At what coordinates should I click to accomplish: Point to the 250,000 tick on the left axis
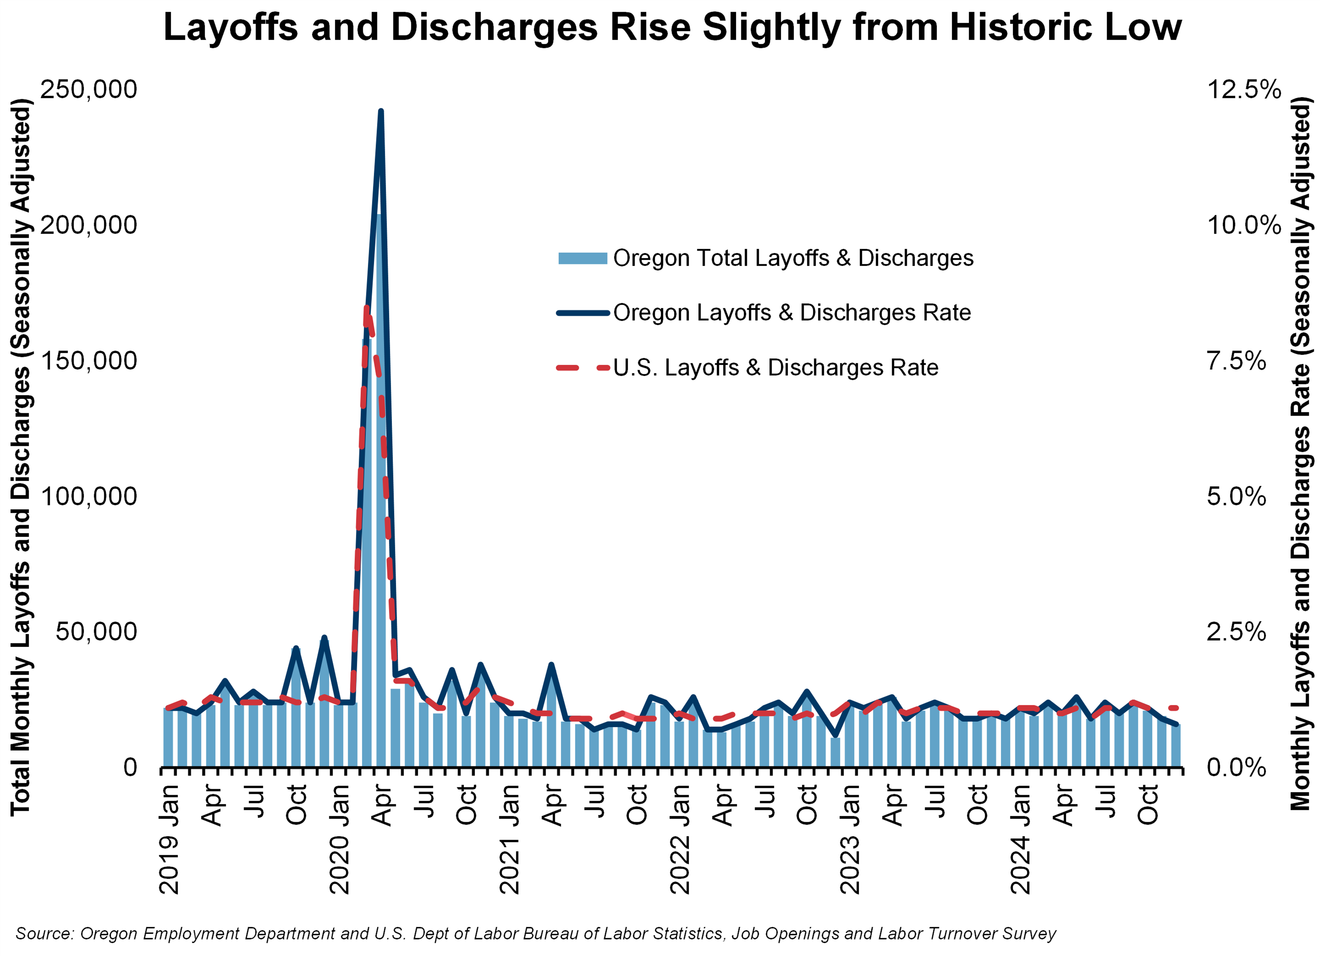pyautogui.click(x=88, y=89)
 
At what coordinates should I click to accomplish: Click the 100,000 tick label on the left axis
pyautogui.click(x=88, y=496)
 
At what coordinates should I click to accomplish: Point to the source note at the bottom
pyautogui.click(x=535, y=934)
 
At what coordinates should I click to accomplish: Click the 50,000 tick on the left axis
pyautogui.click(x=96, y=631)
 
